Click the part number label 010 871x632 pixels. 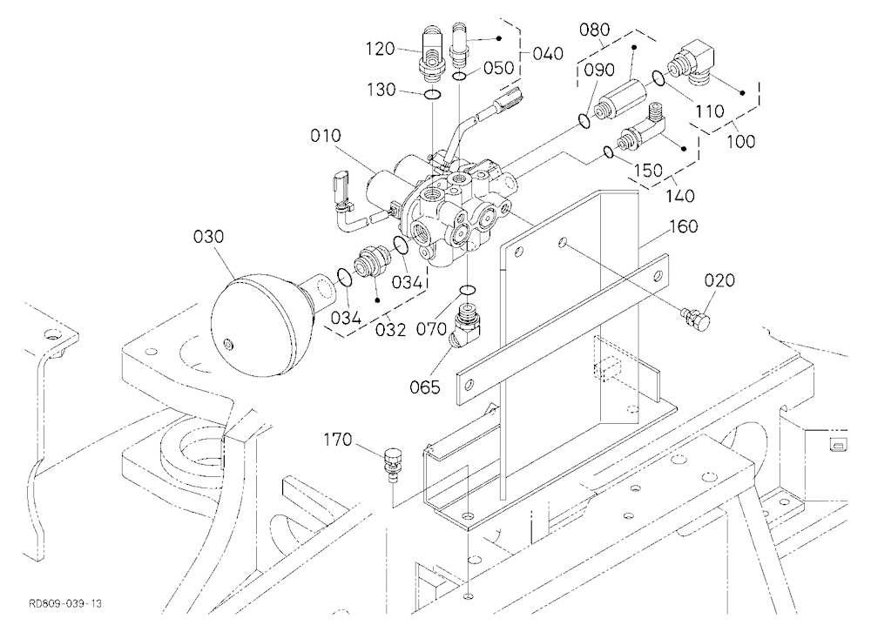coord(326,136)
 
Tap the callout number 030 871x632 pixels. coord(208,237)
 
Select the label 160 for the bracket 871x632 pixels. coord(683,226)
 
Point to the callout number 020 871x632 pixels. coord(719,280)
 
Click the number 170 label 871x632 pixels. coord(338,440)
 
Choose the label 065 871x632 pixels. coord(425,387)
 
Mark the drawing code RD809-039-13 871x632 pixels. coord(65,603)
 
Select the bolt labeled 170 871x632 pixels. coord(392,462)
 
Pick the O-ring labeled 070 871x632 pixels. coord(469,291)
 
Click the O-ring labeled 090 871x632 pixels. coord(584,120)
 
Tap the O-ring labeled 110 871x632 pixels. coord(658,79)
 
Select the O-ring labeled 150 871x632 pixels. coord(608,151)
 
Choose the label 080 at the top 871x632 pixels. coord(594,30)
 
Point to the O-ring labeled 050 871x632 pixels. coord(460,76)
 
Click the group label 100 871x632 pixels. coord(741,141)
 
